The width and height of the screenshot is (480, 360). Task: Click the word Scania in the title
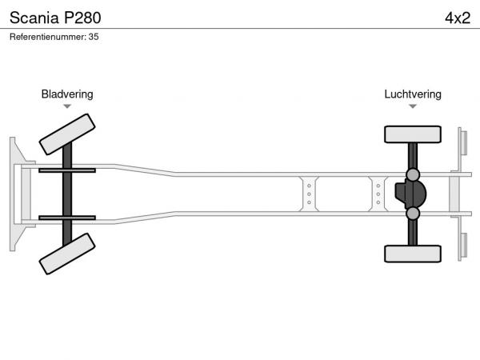[34, 18]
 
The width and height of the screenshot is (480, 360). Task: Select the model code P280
[82, 18]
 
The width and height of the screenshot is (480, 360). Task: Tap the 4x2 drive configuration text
[458, 18]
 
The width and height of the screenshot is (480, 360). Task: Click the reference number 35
[94, 37]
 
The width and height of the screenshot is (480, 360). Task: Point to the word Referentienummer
[47, 37]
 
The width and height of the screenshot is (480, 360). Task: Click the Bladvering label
[67, 94]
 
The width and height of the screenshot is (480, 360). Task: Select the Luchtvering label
[413, 94]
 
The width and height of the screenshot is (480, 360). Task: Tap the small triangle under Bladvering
[67, 106]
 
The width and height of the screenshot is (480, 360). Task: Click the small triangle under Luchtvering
[413, 106]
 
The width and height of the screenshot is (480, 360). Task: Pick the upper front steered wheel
[67, 134]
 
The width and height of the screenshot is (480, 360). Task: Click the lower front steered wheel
[67, 254]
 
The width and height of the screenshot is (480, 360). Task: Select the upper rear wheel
[413, 134]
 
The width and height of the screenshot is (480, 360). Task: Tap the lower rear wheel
[413, 254]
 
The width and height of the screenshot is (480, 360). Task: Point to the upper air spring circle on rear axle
[413, 174]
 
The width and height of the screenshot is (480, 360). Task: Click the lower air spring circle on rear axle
[413, 214]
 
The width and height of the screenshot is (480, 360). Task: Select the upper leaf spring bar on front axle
[67, 170]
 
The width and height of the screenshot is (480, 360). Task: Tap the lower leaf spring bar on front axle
[67, 218]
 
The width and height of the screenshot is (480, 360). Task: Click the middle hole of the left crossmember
[309, 194]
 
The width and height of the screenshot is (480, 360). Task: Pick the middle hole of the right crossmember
[378, 194]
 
